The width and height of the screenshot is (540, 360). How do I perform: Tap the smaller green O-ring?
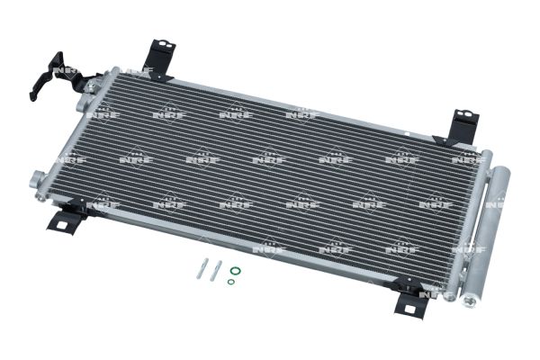pyautogui.click(x=231, y=282)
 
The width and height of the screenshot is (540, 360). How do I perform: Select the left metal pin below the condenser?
pyautogui.click(x=202, y=268)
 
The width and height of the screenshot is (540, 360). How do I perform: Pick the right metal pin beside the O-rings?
pyautogui.click(x=216, y=271)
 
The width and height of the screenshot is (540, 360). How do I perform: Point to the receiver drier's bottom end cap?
pyautogui.click(x=470, y=301)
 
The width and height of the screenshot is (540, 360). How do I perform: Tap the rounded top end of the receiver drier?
pyautogui.click(x=502, y=171)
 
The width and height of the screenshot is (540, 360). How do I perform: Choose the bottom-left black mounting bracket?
pyautogui.click(x=66, y=217)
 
